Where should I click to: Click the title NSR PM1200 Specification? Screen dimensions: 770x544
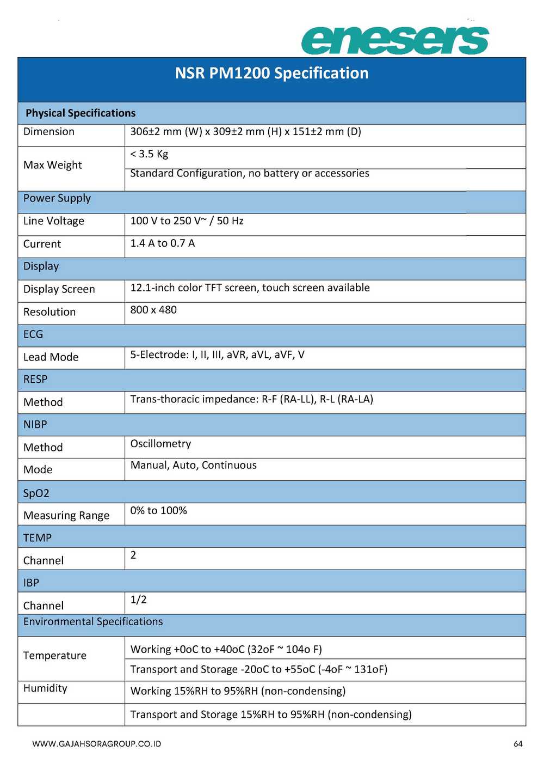[271, 73]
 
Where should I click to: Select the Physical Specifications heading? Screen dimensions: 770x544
[81, 113]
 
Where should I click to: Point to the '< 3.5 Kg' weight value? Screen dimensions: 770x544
[149, 154]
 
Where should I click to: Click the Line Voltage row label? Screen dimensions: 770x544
[54, 221]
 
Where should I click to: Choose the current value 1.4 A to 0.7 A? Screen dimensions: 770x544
[162, 243]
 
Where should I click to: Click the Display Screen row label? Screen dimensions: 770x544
[59, 289]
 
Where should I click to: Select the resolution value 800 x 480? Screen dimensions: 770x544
[153, 310]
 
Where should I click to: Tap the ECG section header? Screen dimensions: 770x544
[33, 334]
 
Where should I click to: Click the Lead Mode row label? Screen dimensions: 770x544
[51, 357]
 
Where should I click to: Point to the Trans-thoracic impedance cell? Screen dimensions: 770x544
[251, 399]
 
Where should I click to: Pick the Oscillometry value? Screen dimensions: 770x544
[160, 444]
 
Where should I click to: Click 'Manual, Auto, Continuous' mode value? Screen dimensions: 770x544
[193, 465]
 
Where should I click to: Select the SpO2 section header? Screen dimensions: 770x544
[36, 493]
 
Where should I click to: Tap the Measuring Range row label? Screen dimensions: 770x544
[66, 515]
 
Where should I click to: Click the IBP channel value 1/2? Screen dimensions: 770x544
[138, 600]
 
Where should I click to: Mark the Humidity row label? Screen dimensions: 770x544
[45, 688]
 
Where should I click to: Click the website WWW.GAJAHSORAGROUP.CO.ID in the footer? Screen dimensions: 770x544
[96, 744]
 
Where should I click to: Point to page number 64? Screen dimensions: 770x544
[518, 744]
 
